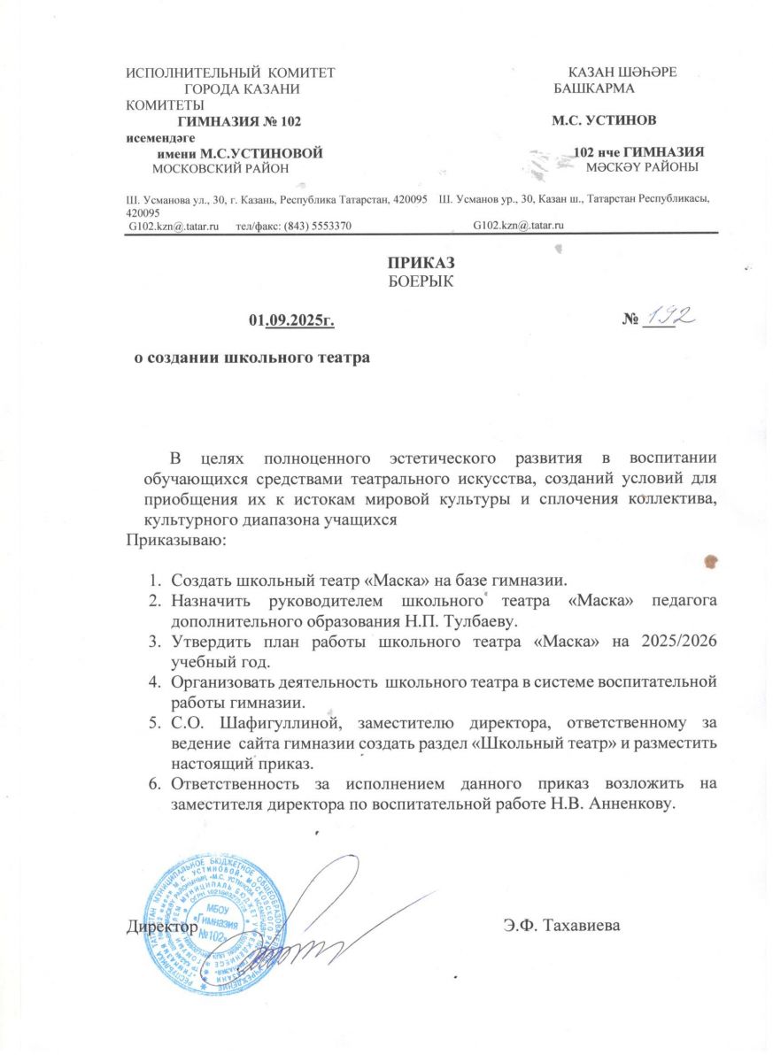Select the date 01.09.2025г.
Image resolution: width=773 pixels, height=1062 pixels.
click(292, 318)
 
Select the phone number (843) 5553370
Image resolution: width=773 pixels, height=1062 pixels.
click(317, 226)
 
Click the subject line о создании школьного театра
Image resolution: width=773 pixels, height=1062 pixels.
click(245, 358)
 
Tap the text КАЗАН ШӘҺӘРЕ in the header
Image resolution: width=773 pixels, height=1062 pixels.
click(623, 72)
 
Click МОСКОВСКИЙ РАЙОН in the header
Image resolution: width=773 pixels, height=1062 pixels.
click(221, 167)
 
